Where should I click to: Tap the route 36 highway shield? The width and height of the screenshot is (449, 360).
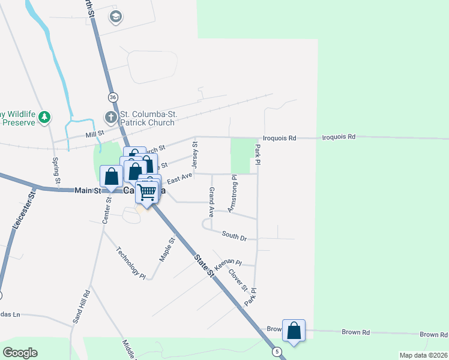tap(113, 97)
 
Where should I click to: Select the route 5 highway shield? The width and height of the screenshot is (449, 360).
tap(277, 351)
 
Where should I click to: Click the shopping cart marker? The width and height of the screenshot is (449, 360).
tap(146, 192)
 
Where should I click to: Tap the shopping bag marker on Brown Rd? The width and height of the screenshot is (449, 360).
tap(294, 331)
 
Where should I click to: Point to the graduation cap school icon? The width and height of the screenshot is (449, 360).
tap(115, 17)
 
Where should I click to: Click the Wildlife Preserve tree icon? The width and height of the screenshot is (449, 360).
tap(44, 117)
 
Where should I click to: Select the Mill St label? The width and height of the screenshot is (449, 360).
tap(95, 133)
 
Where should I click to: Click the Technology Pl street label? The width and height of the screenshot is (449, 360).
tap(131, 263)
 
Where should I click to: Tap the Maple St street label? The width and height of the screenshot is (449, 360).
tap(166, 250)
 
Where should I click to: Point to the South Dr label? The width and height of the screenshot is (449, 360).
tap(234, 236)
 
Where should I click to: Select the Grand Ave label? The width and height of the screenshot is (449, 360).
tap(211, 202)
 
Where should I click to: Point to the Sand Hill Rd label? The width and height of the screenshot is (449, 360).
tap(81, 307)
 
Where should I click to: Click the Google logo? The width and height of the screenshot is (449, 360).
tap(20, 352)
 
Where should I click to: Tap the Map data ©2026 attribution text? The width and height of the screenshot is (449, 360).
tap(422, 355)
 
